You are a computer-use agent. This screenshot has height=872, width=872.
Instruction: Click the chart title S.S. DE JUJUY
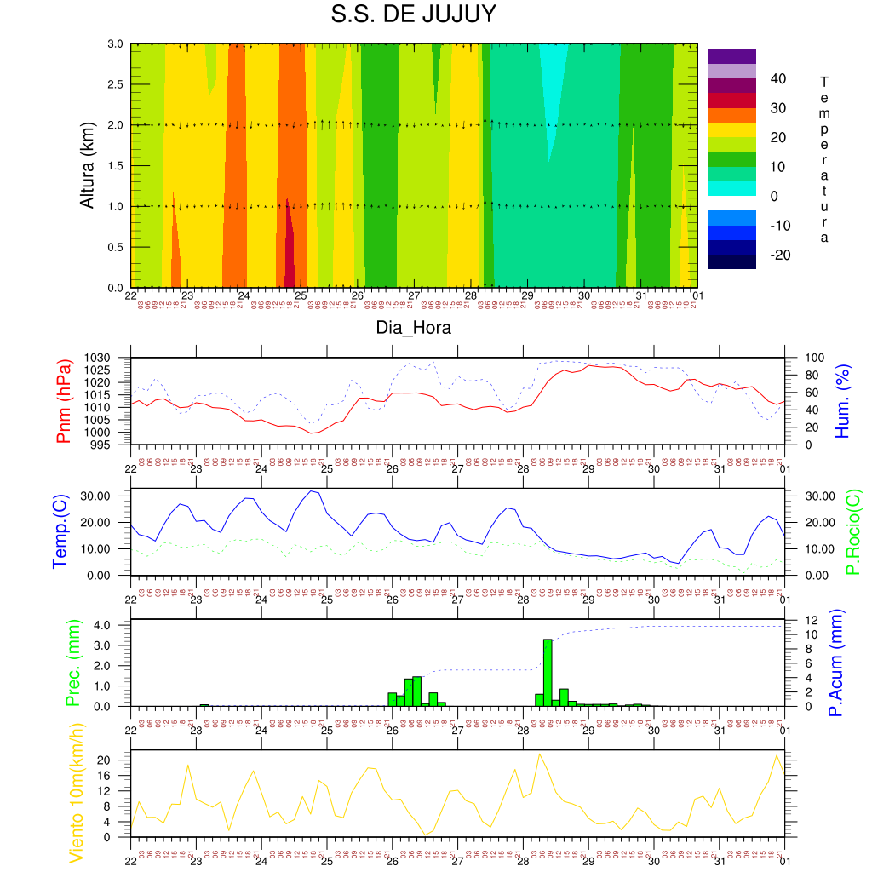413,15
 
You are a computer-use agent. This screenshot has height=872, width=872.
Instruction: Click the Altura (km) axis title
87,166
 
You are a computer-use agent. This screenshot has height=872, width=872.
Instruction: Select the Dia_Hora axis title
414,328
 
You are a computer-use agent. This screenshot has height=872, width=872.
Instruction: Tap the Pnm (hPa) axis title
64,400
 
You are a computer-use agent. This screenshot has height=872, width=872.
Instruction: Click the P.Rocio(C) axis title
853,531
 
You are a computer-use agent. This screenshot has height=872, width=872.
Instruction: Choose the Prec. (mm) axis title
72,663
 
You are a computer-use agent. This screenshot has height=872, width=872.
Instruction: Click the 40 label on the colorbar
777,79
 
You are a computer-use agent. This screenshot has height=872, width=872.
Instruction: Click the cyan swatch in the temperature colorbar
731,188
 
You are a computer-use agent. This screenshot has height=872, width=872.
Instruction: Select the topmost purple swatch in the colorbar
731,56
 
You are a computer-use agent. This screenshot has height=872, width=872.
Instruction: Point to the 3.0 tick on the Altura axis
116,43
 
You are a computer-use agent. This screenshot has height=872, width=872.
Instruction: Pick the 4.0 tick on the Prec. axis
115,625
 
